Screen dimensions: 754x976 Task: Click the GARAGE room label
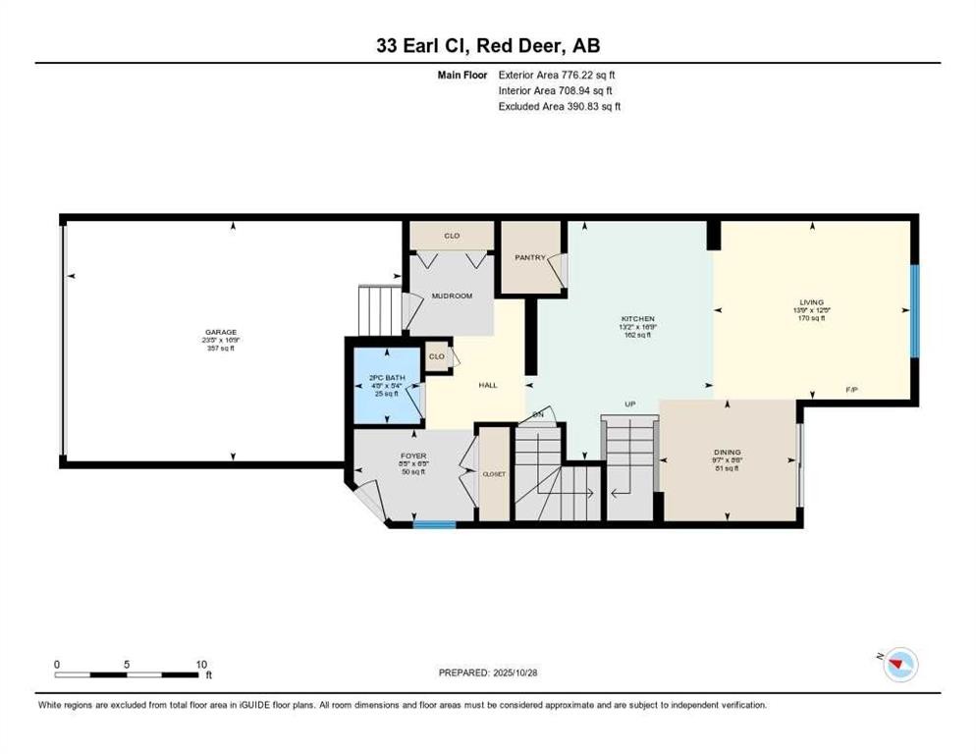[221, 332]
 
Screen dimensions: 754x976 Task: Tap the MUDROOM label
[452, 296]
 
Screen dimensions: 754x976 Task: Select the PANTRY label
[530, 258]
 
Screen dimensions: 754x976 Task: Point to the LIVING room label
[811, 302]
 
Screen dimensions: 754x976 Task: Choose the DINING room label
[727, 453]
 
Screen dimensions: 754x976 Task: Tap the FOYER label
[413, 455]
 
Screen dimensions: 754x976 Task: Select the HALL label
[488, 386]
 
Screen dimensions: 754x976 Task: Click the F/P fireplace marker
[852, 391]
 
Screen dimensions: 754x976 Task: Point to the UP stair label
[632, 404]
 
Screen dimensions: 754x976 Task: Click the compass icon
[898, 666]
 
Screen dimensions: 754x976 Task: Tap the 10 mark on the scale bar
[200, 664]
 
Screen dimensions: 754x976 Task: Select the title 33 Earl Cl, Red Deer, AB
[488, 45]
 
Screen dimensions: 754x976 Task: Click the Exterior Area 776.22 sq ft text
[559, 74]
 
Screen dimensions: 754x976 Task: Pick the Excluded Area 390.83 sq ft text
[559, 106]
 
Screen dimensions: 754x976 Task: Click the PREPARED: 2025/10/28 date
[488, 673]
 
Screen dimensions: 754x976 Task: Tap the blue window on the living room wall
[914, 311]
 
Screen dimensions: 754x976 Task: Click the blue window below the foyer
[434, 524]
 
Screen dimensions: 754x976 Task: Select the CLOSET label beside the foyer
[494, 473]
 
